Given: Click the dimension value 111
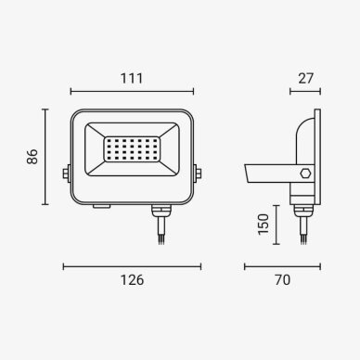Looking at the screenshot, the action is point(132,79).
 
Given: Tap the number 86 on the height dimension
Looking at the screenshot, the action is point(32,157).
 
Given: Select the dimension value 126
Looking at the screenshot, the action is point(132,280).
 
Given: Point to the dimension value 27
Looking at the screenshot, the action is point(306,79).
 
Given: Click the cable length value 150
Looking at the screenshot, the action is point(264,225).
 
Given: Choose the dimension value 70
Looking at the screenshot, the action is point(283,280).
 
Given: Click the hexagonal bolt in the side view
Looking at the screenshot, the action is point(305,173).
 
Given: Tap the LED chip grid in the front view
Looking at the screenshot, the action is point(132,149).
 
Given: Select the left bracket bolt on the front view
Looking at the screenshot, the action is point(66,173).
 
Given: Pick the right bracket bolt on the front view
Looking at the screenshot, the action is point(198,173).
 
